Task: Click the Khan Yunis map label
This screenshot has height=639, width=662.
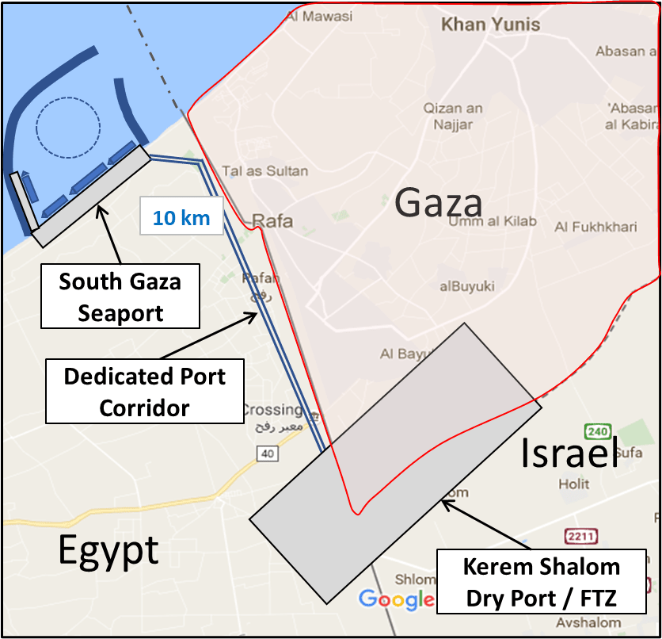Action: [490, 25]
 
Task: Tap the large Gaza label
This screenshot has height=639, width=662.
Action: [439, 202]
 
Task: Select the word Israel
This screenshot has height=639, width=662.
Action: [569, 452]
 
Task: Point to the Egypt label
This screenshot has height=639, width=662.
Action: [108, 549]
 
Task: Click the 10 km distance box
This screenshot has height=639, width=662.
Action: [181, 217]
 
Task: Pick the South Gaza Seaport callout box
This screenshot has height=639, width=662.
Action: [121, 297]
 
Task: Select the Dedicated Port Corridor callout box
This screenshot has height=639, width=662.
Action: [144, 392]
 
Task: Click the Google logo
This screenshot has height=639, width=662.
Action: [396, 599]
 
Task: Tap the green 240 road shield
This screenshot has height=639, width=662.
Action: [597, 432]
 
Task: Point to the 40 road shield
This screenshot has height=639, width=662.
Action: [265, 453]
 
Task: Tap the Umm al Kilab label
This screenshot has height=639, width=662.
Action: [492, 222]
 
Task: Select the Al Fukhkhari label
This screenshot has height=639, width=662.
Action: [595, 228]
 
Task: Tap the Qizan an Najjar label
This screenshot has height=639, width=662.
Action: [453, 116]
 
